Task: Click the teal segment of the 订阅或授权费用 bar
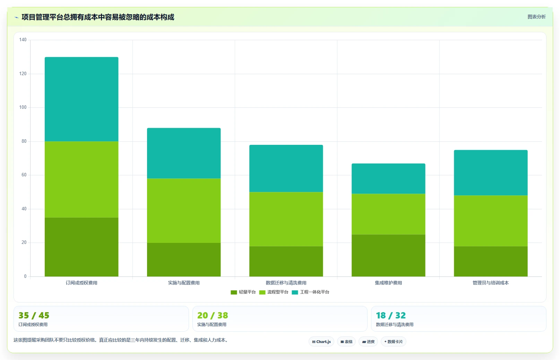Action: pyautogui.click(x=81, y=99)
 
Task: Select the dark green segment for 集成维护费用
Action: pyautogui.click(x=388, y=255)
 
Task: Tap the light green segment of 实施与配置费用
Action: pyautogui.click(x=184, y=211)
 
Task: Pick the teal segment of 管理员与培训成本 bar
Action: pyautogui.click(x=491, y=173)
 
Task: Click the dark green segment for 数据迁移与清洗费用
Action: pyautogui.click(x=286, y=261)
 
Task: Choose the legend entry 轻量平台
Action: pyautogui.click(x=243, y=292)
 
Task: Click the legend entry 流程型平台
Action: pyautogui.click(x=274, y=292)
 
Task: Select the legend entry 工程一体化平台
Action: pyautogui.click(x=310, y=292)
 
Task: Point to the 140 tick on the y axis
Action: pyautogui.click(x=23, y=40)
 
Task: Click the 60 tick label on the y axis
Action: pyautogui.click(x=24, y=175)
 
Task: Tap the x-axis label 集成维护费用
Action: pyautogui.click(x=388, y=283)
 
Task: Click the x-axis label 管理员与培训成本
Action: pyautogui.click(x=491, y=283)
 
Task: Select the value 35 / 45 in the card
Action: pyautogui.click(x=34, y=315)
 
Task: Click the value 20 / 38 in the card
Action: pyautogui.click(x=213, y=315)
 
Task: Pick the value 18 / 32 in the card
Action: pyautogui.click(x=391, y=315)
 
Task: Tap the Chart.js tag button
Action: pyautogui.click(x=321, y=342)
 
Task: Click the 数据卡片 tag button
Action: pyautogui.click(x=394, y=342)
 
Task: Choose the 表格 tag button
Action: pyautogui.click(x=346, y=342)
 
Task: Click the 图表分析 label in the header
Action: pyautogui.click(x=536, y=17)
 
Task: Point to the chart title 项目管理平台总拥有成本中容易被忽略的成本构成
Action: pyautogui.click(x=98, y=17)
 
